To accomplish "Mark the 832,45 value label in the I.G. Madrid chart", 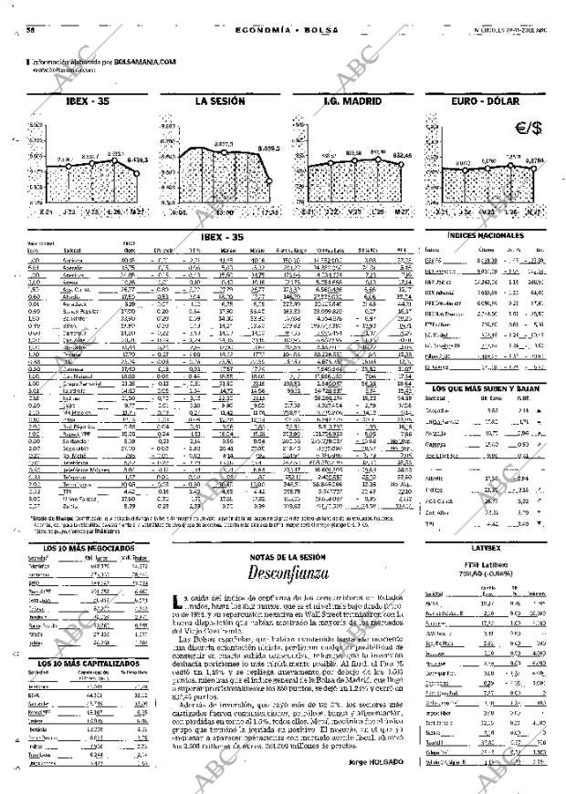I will point(402,156).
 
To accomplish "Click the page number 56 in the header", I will point(30,30).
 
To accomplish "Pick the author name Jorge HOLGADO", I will point(374,762).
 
